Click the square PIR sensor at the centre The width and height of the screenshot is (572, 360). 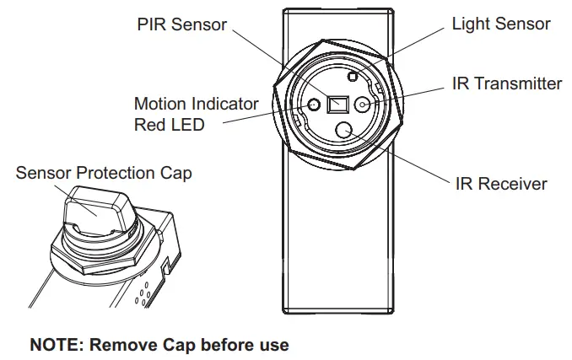click(x=339, y=105)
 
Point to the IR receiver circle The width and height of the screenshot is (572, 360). click(x=344, y=131)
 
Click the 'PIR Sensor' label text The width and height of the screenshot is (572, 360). click(x=181, y=24)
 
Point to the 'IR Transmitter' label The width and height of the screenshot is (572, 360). click(x=506, y=83)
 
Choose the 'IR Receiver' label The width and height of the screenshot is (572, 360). click(x=501, y=183)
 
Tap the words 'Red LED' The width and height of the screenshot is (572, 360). click(x=169, y=125)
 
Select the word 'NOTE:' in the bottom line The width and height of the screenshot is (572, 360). click(x=57, y=345)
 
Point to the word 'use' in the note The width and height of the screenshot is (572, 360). click(x=273, y=345)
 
